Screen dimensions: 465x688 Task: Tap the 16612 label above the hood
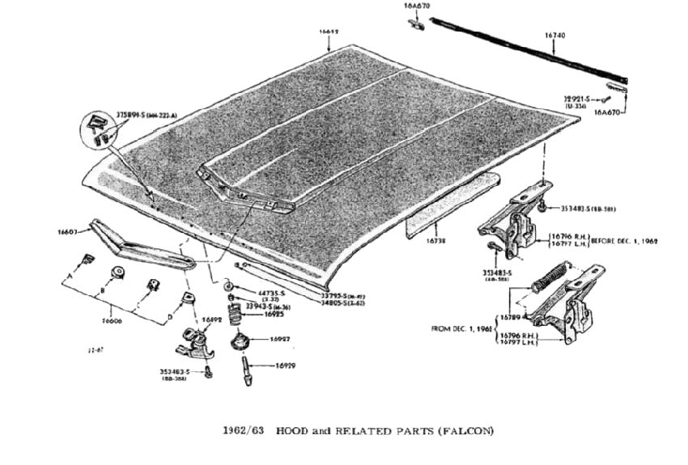(x=328, y=32)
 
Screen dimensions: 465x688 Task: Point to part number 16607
(x=67, y=233)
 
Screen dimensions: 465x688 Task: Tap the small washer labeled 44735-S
(x=230, y=287)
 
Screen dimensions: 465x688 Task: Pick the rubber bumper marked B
(x=118, y=272)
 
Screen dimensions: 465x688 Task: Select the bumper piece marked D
(x=191, y=298)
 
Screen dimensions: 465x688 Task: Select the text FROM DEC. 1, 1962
(x=462, y=329)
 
